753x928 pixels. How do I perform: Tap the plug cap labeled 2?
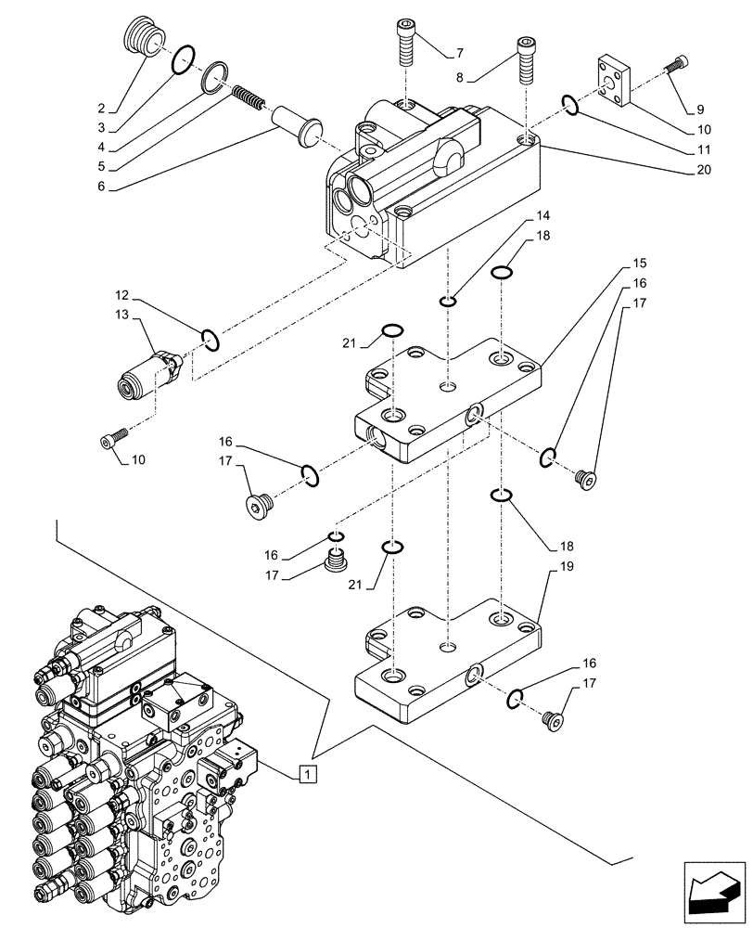point(142,42)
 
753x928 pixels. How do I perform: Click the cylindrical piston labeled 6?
point(295,122)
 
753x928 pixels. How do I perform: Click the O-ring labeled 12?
point(210,341)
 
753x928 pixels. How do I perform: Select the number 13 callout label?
point(121,316)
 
